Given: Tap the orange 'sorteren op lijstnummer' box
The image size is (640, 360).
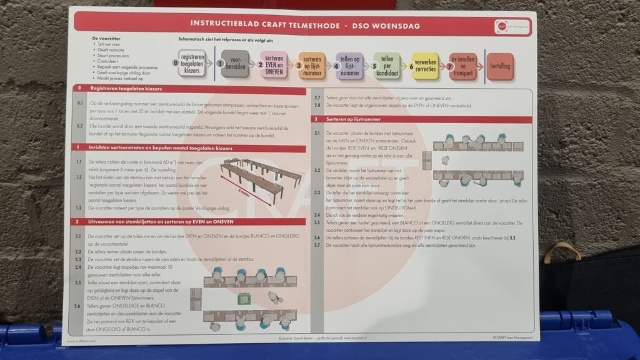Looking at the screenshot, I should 311,65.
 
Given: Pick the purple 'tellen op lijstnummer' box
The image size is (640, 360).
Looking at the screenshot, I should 349,65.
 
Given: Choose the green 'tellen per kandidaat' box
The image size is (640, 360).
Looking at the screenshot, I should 387,65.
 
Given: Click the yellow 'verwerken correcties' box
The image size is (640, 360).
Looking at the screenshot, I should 425,65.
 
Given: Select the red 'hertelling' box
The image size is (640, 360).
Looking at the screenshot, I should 500,66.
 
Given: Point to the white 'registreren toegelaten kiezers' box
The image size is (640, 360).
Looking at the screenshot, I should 192,64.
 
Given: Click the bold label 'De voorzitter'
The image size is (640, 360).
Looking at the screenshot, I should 104,39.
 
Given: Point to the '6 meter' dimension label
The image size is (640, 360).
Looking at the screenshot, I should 246,190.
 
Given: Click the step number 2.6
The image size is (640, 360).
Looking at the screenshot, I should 77,306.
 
